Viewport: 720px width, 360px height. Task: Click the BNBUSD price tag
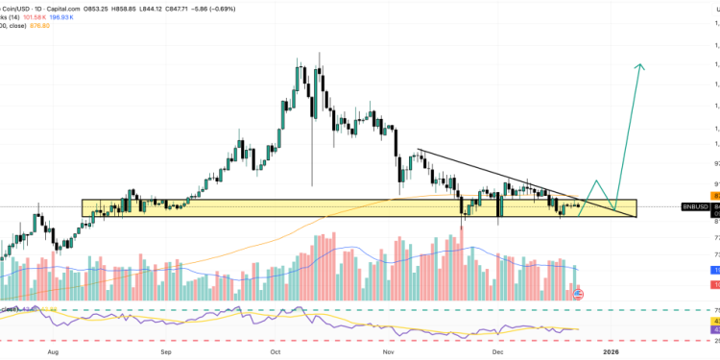694,206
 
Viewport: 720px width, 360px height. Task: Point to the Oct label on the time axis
276,351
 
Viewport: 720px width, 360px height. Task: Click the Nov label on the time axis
389,351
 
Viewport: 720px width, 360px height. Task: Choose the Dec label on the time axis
500,351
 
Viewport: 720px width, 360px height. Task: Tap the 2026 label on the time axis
612,351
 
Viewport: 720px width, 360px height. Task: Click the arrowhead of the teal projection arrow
640,66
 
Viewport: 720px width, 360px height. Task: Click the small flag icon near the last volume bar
578,294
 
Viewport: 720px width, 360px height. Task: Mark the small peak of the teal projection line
596,180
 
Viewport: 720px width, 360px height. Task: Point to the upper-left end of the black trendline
418,150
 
